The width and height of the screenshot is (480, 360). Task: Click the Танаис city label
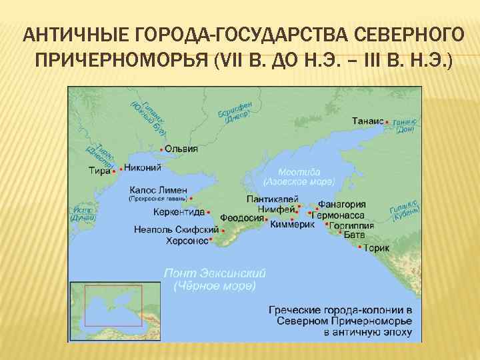(367, 121)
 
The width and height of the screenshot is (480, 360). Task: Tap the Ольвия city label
(181, 149)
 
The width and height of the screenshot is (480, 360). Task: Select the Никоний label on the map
(143, 167)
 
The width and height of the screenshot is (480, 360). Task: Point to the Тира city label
(99, 171)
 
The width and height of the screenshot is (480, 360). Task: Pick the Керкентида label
(179, 212)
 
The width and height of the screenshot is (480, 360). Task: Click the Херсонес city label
(187, 241)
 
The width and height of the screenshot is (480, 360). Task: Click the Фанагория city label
(341, 205)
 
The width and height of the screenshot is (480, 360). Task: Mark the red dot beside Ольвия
(162, 149)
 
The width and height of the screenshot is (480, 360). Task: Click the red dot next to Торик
(361, 248)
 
